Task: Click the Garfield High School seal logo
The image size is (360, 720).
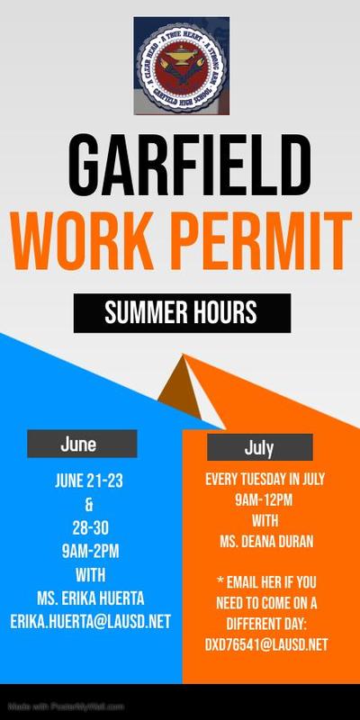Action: [181, 66]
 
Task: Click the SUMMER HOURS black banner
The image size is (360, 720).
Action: [181, 312]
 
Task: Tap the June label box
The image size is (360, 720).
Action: [82, 444]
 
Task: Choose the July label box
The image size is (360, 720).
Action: [259, 447]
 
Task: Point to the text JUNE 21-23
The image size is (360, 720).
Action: [90, 481]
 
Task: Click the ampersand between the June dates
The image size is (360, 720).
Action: [90, 504]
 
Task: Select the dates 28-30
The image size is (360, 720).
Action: [90, 526]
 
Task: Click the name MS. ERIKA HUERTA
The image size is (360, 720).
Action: [90, 598]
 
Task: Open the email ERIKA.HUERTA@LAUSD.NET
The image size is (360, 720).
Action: [90, 622]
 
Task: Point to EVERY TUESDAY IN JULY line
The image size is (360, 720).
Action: [265, 480]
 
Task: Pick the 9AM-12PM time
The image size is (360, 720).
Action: [265, 499]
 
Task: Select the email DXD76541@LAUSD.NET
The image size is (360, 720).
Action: [265, 644]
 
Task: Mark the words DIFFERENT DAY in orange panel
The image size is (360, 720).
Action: [265, 623]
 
